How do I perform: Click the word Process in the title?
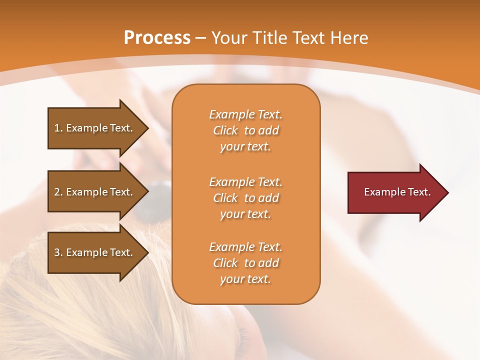click(157, 38)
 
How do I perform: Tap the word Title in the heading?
click(268, 38)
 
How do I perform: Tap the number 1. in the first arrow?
click(58, 128)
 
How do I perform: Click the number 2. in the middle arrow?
click(58, 192)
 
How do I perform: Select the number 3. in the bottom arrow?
click(58, 252)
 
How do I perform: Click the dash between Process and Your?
click(201, 38)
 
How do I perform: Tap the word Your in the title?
click(230, 38)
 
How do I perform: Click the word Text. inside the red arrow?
click(418, 192)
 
